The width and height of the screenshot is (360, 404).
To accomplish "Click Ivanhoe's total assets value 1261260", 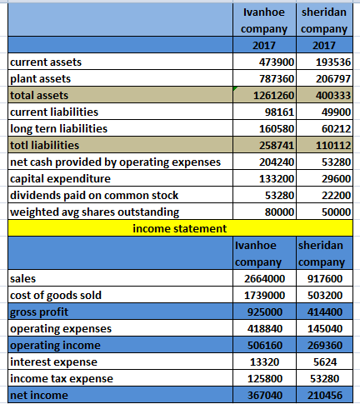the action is (x=273, y=96).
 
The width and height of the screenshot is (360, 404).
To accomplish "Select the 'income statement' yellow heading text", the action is (x=180, y=229).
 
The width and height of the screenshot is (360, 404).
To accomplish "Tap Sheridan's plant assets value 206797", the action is (x=333, y=79).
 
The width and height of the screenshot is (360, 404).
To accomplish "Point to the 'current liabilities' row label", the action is (x=54, y=112).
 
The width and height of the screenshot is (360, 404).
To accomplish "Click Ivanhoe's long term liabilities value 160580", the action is (x=277, y=129).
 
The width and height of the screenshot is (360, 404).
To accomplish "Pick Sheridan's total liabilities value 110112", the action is (x=333, y=146).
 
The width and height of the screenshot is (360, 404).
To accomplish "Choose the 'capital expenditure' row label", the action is (x=60, y=179).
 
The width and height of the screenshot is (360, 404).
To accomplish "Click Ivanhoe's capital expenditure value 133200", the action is (x=277, y=179).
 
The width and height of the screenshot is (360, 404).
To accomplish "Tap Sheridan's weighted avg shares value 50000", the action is (x=336, y=212).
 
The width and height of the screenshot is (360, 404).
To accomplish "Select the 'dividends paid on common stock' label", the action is (x=94, y=196).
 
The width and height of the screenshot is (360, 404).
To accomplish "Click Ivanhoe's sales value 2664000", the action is (x=264, y=279).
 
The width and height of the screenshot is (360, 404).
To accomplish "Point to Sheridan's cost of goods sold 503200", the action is (x=325, y=296).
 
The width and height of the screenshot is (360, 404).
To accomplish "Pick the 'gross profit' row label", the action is (x=39, y=312).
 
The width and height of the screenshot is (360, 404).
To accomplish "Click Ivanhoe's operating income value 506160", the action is (x=265, y=346).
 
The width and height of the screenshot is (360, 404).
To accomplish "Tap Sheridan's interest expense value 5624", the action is (x=325, y=362).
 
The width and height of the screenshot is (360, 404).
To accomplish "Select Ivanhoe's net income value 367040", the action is (x=265, y=396).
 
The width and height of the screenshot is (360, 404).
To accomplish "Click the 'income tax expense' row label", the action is (x=62, y=379).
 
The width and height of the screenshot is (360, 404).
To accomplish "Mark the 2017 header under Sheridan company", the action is (x=324, y=46).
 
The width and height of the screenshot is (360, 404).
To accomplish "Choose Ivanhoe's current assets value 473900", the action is (x=277, y=62).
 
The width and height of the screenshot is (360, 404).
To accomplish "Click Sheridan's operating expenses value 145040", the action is (x=325, y=329).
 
